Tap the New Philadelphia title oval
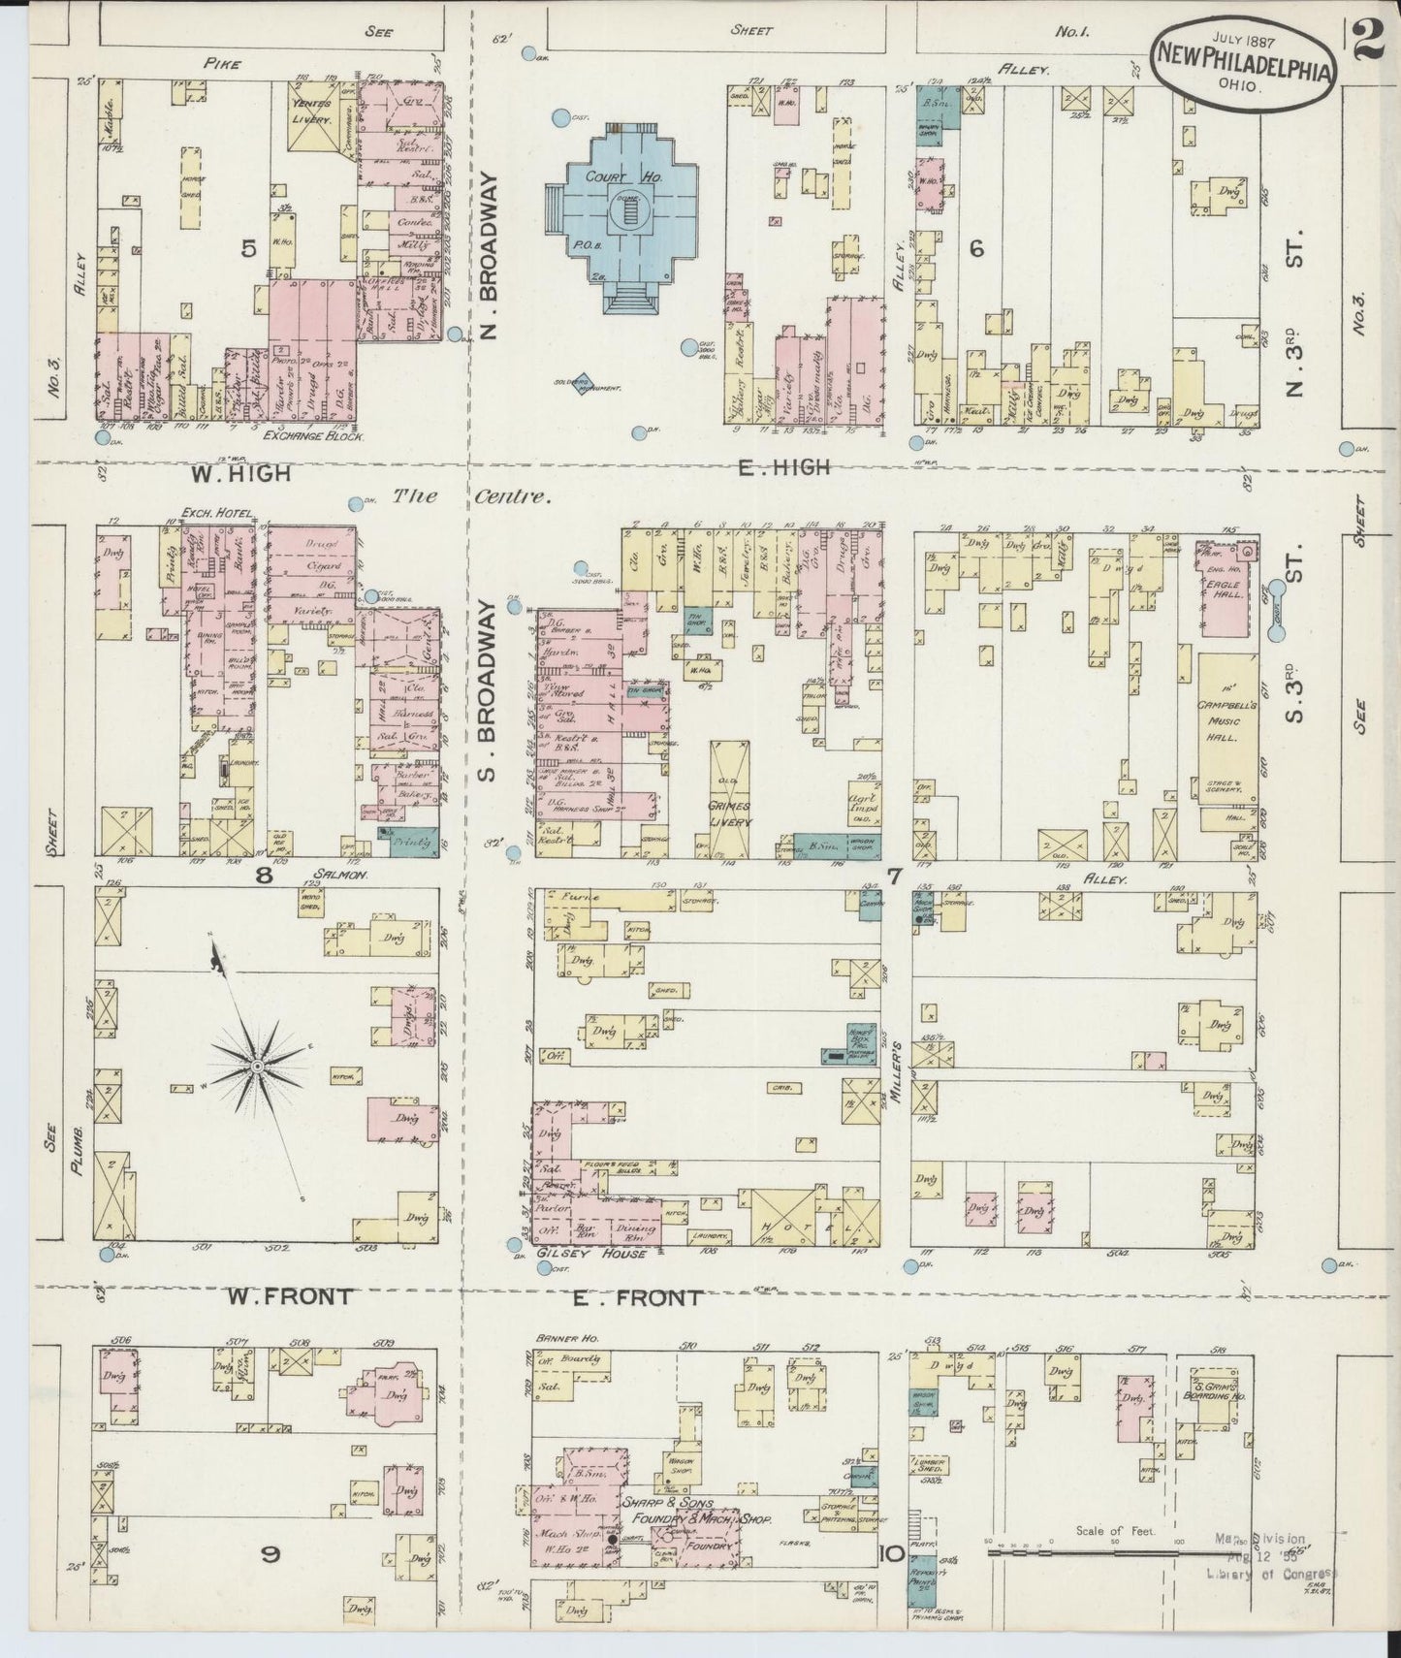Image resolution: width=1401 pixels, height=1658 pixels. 1242,61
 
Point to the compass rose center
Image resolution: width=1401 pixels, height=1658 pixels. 258,1067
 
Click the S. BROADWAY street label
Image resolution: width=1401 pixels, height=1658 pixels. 488,683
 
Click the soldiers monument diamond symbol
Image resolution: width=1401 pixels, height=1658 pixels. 582,384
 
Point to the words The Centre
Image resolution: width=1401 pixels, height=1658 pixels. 471,497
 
